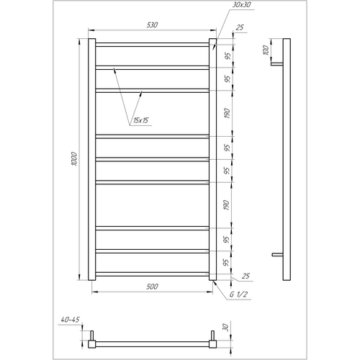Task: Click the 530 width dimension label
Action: coord(152,25)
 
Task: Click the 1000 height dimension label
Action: coord(74,158)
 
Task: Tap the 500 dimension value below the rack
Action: coord(152,287)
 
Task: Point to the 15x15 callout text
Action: coord(140,120)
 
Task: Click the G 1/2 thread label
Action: coord(238,294)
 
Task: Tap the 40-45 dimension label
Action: coord(70,320)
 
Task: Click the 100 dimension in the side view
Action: coord(266,50)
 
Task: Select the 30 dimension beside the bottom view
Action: coord(225,327)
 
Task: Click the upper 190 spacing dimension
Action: coord(227,114)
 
